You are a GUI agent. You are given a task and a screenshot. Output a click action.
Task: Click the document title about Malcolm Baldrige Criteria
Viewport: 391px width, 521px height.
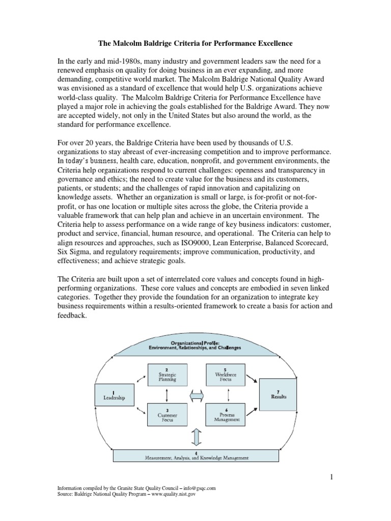[195, 44]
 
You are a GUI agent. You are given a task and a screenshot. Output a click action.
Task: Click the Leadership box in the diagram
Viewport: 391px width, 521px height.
[114, 395]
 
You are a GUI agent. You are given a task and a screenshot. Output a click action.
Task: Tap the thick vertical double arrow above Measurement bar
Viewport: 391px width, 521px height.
[195, 436]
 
